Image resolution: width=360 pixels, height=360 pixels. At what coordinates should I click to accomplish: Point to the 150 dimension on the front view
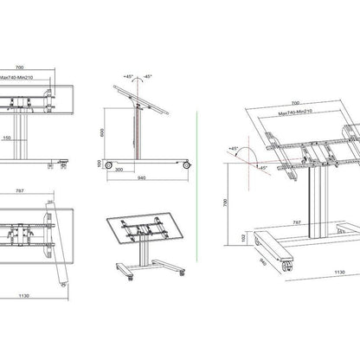click(x=29, y=137)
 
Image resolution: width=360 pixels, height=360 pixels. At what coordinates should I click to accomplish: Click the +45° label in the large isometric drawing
click(x=234, y=149)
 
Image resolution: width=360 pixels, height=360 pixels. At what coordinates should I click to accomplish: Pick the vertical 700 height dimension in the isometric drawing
click(x=225, y=200)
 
